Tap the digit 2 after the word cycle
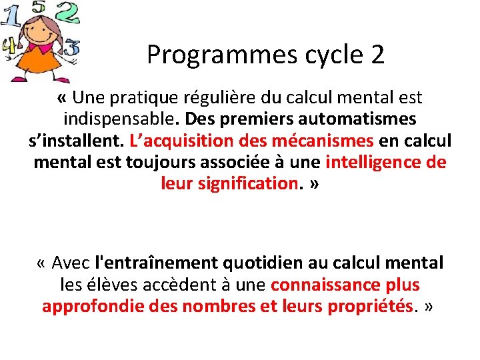click(x=377, y=55)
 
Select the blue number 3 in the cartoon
click(x=71, y=47)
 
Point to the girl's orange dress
click(x=40, y=63)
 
